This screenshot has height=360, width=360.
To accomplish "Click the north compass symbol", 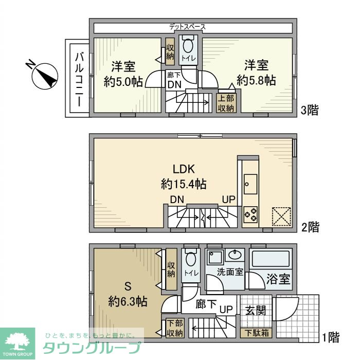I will (44, 75).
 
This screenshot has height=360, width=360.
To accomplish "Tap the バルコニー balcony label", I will (80, 79).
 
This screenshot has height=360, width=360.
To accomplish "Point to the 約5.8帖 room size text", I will (256, 80).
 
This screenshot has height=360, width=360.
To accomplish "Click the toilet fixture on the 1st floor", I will (190, 260).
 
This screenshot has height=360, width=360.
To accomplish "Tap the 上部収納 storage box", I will (226, 103).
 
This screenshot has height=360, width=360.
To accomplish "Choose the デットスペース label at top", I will (188, 26).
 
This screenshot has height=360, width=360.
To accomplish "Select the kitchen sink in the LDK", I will (251, 182).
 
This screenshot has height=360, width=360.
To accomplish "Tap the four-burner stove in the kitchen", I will (250, 214).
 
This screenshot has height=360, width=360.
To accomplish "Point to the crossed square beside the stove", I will (281, 216).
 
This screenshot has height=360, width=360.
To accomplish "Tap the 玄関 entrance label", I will (255, 311).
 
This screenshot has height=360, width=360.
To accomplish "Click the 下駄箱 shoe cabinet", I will (256, 333).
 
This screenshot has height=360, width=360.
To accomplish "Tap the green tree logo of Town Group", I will (17, 341).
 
